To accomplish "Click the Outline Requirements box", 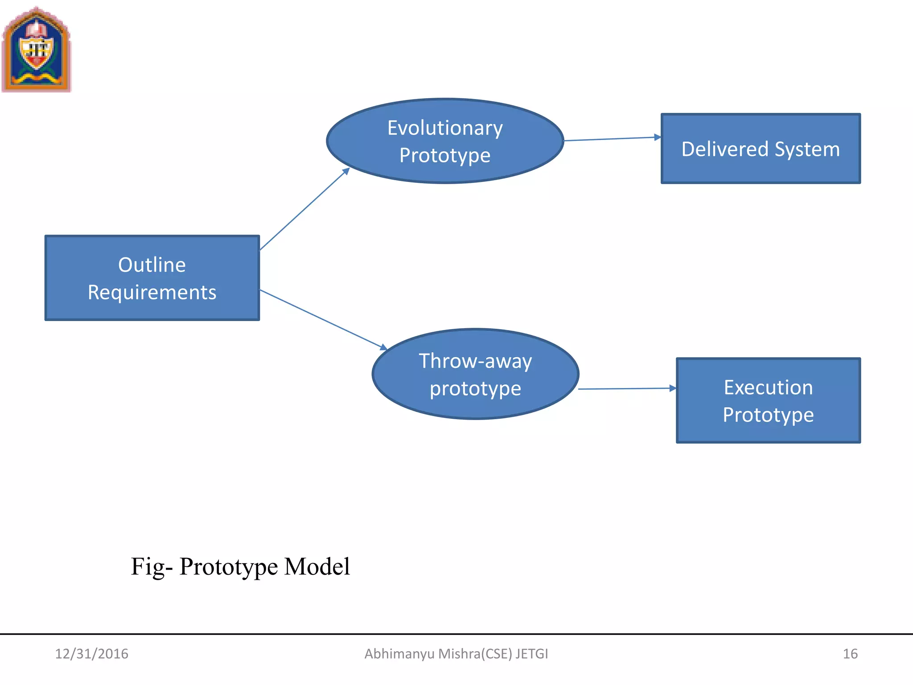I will coord(152,278).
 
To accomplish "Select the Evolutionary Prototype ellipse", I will coord(445,141).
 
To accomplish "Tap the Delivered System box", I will coord(761,149).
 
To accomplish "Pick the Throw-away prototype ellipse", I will coord(475,374).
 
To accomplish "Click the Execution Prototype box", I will coord(768,400).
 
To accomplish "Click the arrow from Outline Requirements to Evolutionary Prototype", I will coord(304,209).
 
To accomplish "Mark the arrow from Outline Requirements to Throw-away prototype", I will coord(323,319).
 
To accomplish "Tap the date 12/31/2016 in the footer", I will coord(91,654).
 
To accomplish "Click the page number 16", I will coord(850,654).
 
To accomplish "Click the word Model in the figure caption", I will coord(317,567).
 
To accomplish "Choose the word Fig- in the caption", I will coord(151,567).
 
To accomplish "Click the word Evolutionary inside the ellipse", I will coord(445,128).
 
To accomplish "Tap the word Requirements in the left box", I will coord(152,293).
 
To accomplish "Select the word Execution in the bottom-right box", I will coord(768,387).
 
